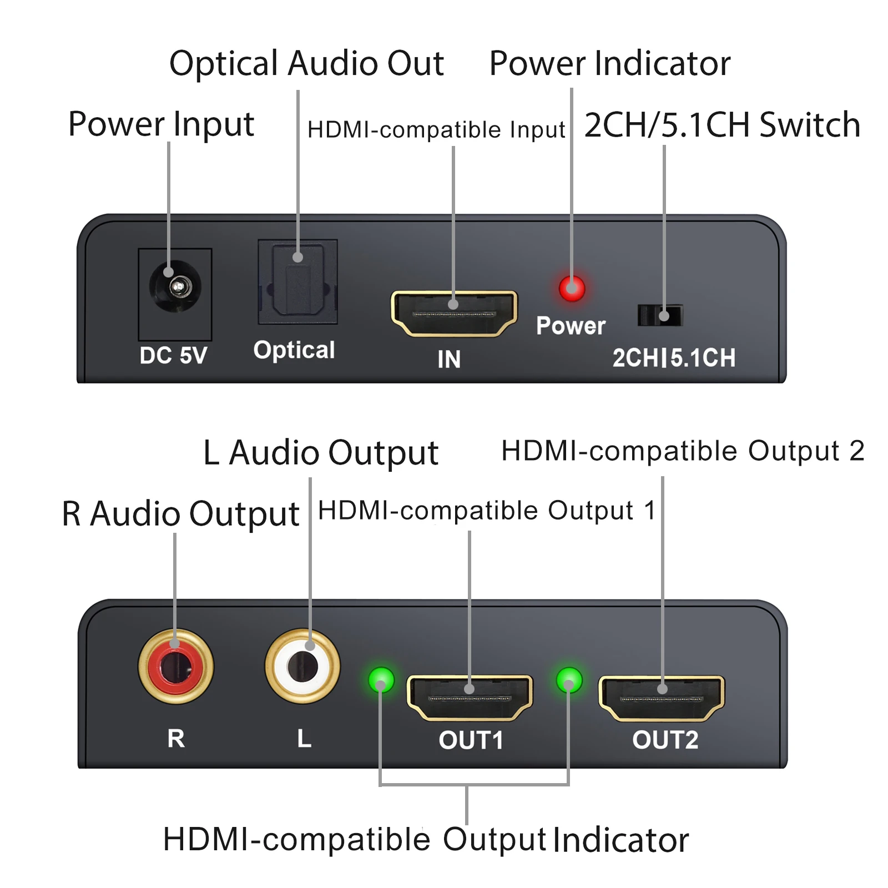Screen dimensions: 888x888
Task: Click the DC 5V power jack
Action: (x=175, y=287)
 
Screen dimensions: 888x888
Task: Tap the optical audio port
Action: (x=297, y=282)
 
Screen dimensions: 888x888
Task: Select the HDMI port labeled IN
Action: (x=454, y=314)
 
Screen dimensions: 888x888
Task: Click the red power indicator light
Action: (x=572, y=288)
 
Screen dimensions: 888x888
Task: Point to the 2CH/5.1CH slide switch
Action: (x=660, y=316)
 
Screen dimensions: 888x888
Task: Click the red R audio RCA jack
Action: (x=176, y=666)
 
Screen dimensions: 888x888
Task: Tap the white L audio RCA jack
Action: (x=302, y=666)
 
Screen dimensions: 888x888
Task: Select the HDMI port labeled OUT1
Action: (x=470, y=698)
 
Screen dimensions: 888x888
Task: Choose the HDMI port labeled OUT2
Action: (x=662, y=698)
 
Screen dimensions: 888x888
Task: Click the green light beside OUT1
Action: (x=381, y=680)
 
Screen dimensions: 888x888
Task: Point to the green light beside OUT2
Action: (x=569, y=680)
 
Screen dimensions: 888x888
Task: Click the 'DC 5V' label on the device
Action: (x=173, y=356)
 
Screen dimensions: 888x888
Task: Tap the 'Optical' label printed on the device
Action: (x=294, y=350)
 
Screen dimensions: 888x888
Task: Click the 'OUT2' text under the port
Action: (x=665, y=740)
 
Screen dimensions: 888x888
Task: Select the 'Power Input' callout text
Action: (x=161, y=124)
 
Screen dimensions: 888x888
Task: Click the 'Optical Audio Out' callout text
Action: (x=306, y=63)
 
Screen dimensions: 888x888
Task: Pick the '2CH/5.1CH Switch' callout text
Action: (x=722, y=125)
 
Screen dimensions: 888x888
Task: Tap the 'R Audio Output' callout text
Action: (x=180, y=513)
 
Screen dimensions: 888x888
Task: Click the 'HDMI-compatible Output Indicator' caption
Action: (x=426, y=839)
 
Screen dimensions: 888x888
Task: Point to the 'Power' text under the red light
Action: (x=571, y=326)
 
